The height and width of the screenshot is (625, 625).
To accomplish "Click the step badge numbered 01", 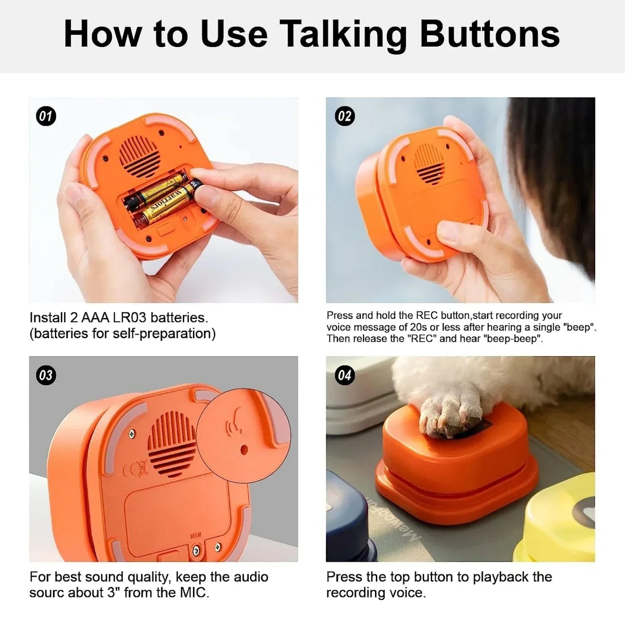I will [x=45, y=116].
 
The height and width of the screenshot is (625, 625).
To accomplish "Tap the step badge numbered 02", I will [x=345, y=116].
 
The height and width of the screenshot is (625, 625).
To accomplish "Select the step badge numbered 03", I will [x=45, y=375].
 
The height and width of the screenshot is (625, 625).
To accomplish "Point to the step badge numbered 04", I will [x=345, y=375].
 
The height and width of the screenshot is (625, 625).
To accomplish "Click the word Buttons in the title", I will [x=490, y=35].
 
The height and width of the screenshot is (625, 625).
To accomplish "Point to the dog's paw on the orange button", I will [x=450, y=416].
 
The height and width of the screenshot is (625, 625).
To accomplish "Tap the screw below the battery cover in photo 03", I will [x=196, y=550].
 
